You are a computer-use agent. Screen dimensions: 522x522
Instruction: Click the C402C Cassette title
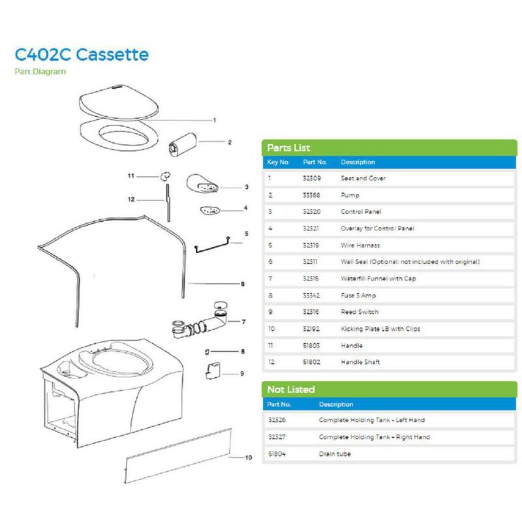pyautogui.click(x=82, y=55)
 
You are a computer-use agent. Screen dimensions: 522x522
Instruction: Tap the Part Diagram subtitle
pyautogui.click(x=40, y=72)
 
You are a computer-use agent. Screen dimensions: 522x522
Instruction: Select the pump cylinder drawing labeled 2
pyautogui.click(x=183, y=144)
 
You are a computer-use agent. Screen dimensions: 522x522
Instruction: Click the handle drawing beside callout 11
pyautogui.click(x=166, y=176)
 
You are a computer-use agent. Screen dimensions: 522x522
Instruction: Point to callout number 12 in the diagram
pyautogui.click(x=131, y=200)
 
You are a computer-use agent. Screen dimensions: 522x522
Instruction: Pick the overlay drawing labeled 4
pyautogui.click(x=210, y=211)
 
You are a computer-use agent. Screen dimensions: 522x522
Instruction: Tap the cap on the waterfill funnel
pyautogui.click(x=220, y=305)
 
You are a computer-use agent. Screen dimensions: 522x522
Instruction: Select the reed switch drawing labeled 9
pyautogui.click(x=213, y=371)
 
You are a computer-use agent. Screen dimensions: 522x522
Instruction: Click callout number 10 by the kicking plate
pyautogui.click(x=249, y=457)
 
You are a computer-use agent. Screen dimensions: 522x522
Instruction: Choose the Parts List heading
pyautogui.click(x=288, y=148)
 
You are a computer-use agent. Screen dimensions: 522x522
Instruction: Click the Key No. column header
pyautogui.click(x=278, y=162)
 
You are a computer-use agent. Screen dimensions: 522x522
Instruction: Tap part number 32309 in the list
pyautogui.click(x=312, y=178)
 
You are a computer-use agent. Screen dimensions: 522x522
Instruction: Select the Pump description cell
pyautogui.click(x=350, y=195)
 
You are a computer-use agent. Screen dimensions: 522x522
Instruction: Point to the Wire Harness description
pyautogui.click(x=360, y=245)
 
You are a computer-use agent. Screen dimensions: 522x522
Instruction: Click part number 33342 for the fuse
pyautogui.click(x=311, y=296)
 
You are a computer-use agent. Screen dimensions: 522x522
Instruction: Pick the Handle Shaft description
pyautogui.click(x=360, y=362)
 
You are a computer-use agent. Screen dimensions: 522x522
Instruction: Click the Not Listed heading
pyautogui.click(x=291, y=390)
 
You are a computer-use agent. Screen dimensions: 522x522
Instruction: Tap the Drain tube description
pyautogui.click(x=335, y=453)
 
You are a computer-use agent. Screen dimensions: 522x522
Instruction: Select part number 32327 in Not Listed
pyautogui.click(x=277, y=437)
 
